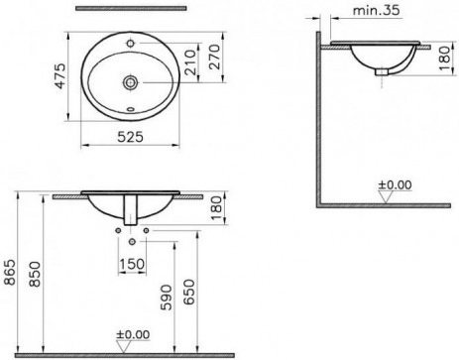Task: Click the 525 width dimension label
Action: click(131, 137)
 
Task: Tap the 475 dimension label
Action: click(60, 76)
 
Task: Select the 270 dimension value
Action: click(215, 57)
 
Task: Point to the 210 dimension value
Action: click(190, 62)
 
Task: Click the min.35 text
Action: click(377, 10)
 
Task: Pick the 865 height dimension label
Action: click(10, 273)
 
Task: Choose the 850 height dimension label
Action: click(35, 274)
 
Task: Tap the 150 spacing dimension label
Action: click(132, 264)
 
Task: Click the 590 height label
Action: click(167, 298)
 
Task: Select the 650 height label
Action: click(189, 293)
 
